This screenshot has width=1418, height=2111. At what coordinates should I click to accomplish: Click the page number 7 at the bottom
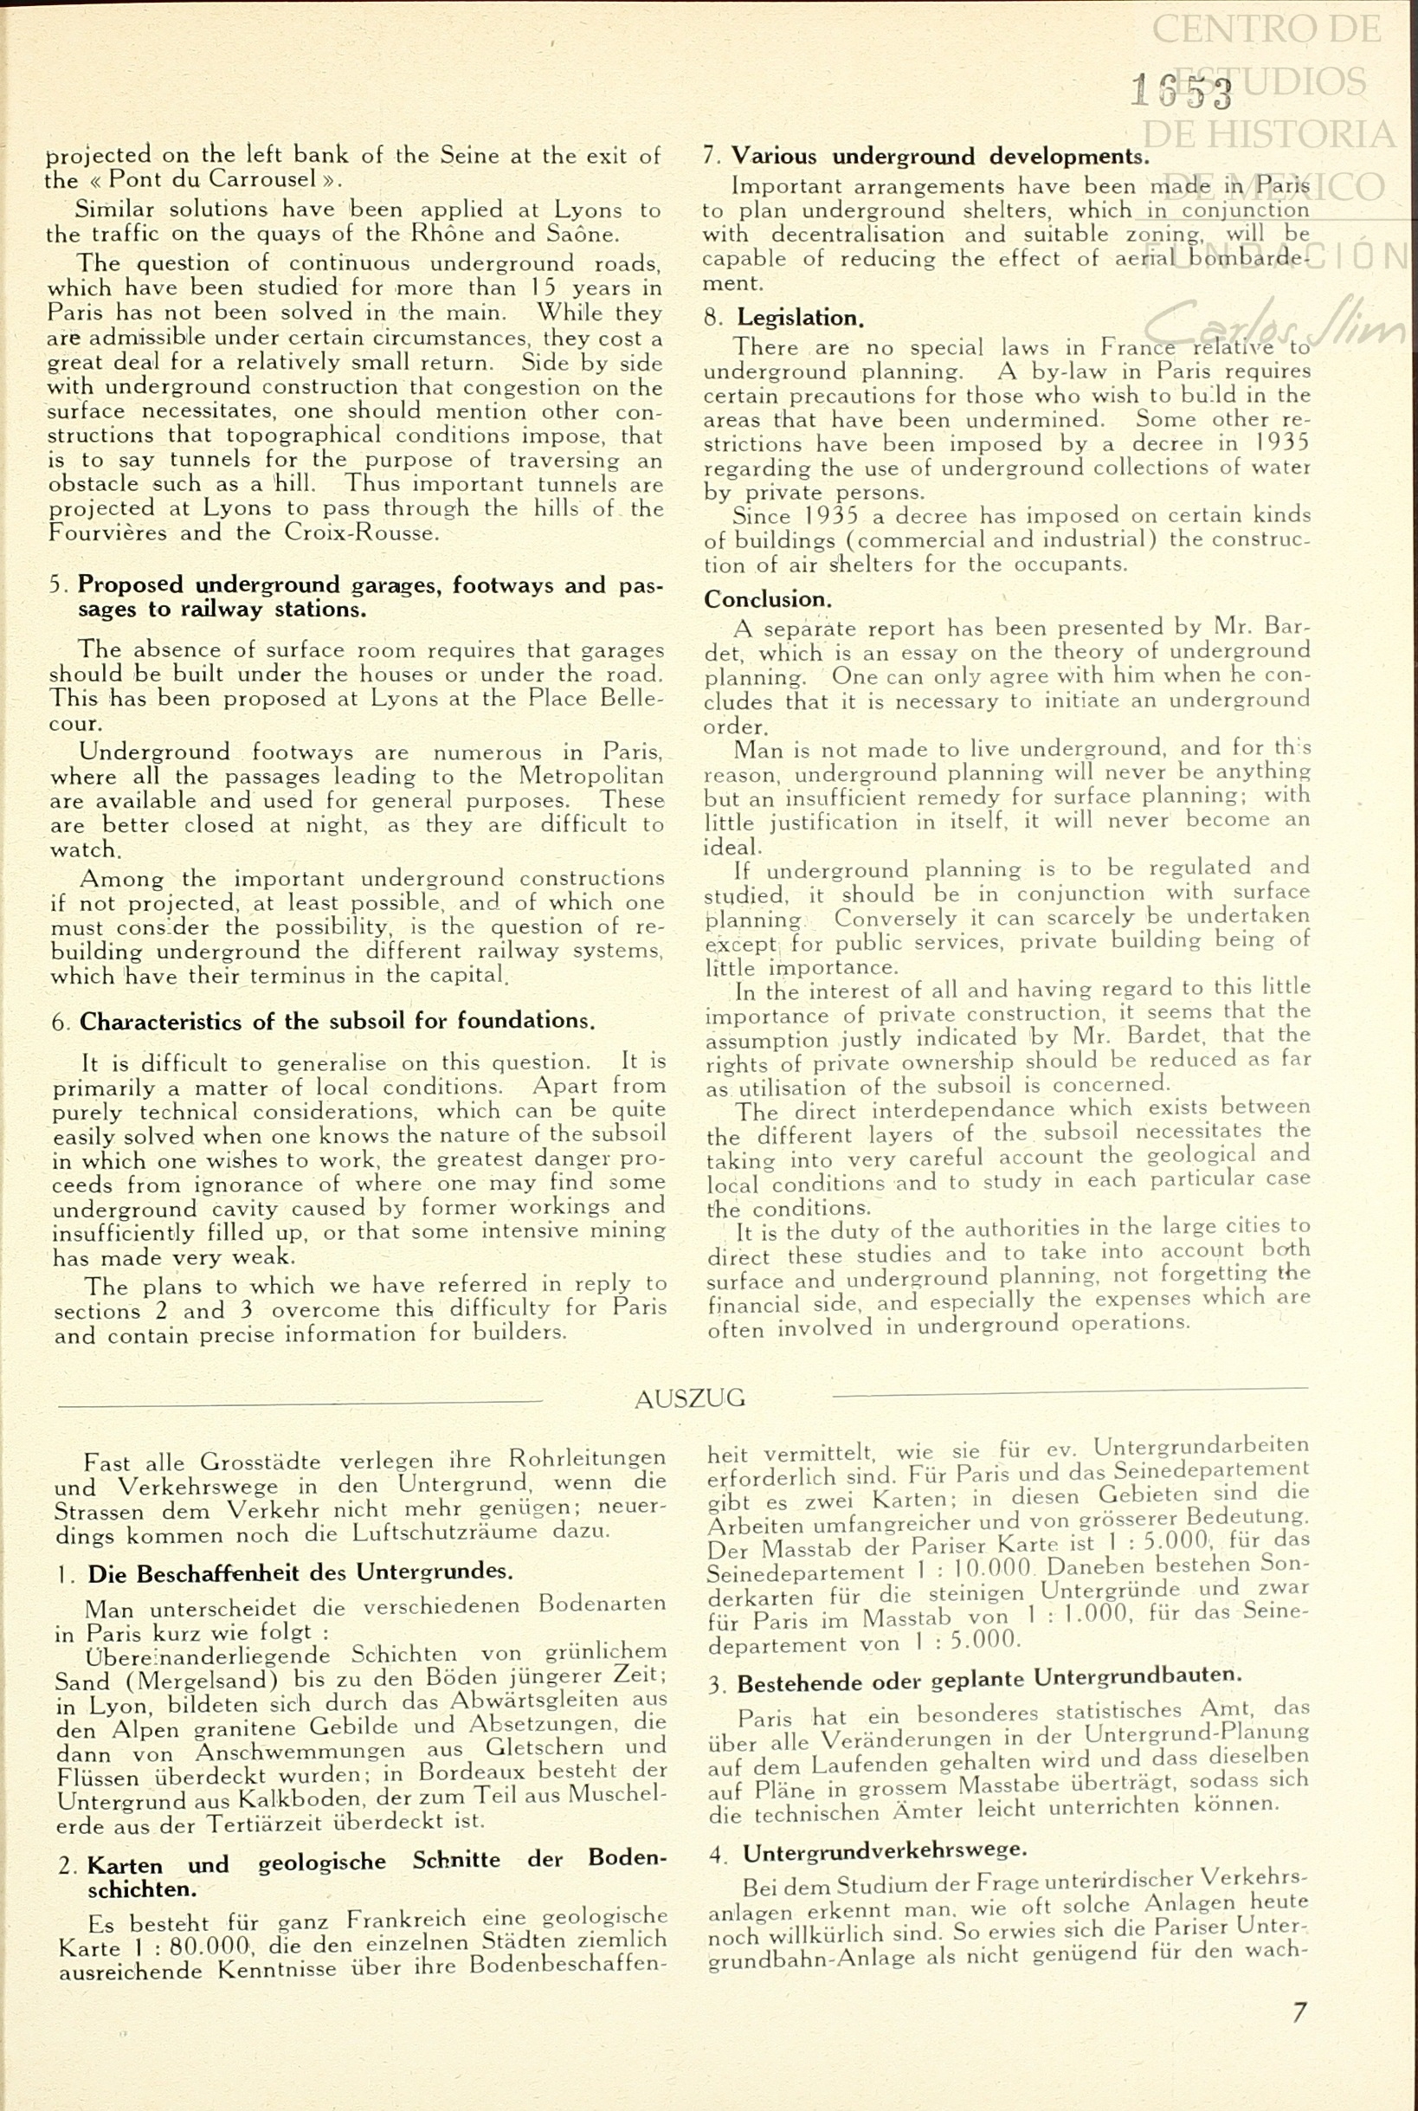pos(1299,2012)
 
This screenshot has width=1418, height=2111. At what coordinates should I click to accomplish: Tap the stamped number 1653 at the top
pos(1181,92)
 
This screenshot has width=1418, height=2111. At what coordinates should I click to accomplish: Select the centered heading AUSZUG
pos(690,1398)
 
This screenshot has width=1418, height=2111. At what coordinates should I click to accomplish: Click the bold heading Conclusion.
pos(767,598)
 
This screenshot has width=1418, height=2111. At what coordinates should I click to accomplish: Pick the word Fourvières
pos(107,533)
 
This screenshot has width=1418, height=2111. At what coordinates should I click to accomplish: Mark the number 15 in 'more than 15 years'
pos(543,287)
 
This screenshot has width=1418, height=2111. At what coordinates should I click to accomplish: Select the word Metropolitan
pos(590,776)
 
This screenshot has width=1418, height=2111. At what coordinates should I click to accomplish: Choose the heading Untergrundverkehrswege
pos(885,1850)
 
